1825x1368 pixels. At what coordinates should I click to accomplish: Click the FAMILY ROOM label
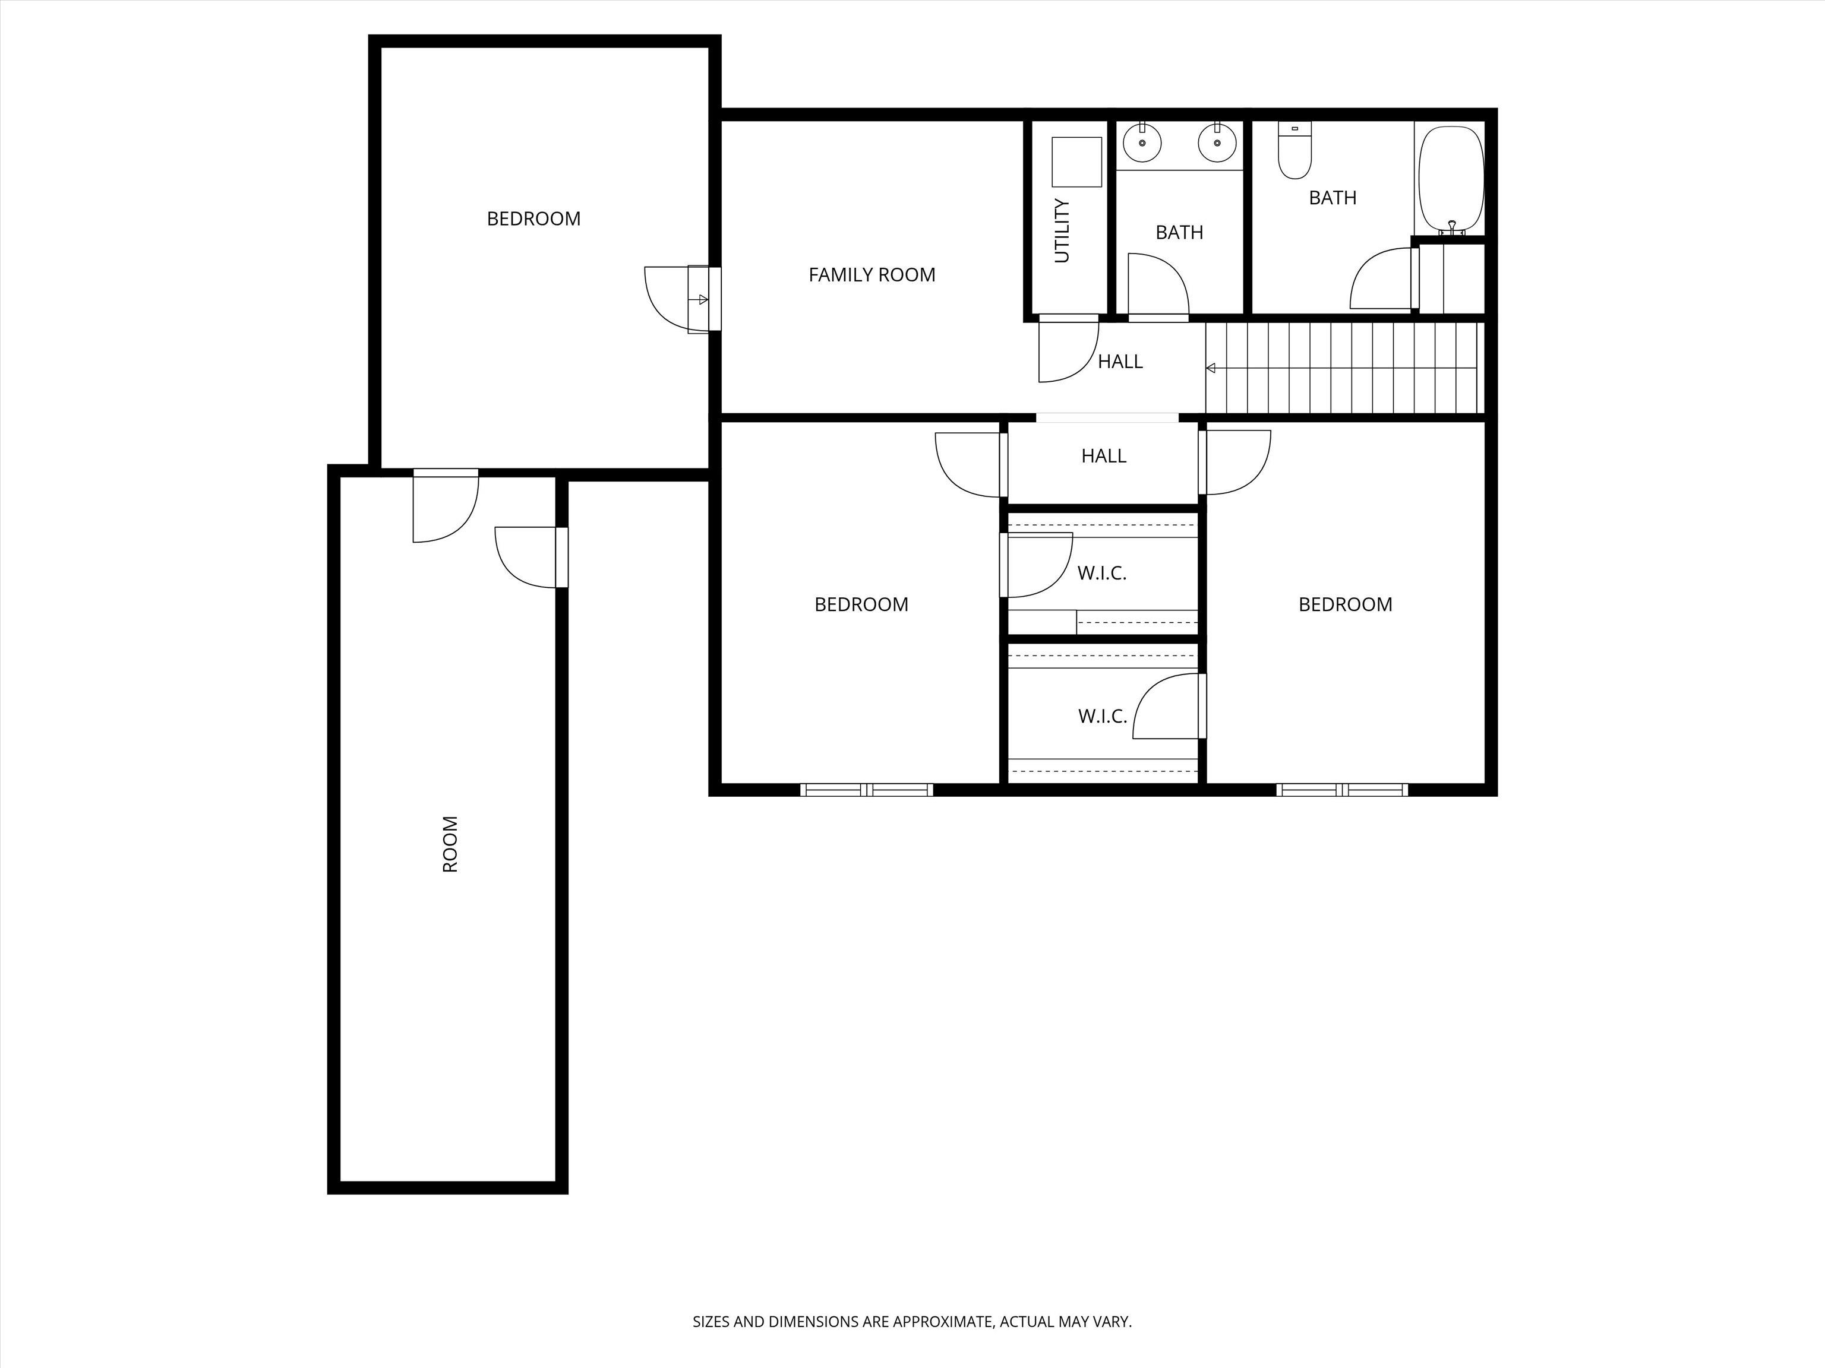(x=872, y=274)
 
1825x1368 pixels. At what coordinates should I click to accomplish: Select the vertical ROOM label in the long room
(x=450, y=844)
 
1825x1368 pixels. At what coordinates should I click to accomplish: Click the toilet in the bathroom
(x=1294, y=150)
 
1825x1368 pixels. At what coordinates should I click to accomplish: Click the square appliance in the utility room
(x=1076, y=161)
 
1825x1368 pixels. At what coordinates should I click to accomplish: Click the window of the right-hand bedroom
(x=1341, y=789)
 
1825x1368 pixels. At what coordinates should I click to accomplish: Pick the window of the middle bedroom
(x=866, y=789)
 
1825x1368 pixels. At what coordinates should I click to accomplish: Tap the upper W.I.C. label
(x=1101, y=573)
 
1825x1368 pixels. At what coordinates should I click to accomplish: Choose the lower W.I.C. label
(x=1102, y=715)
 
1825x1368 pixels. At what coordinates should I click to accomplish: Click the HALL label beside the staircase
(x=1120, y=361)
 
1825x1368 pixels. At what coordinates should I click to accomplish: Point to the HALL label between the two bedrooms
(x=1104, y=456)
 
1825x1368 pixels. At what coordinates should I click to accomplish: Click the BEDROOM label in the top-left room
(x=534, y=218)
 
